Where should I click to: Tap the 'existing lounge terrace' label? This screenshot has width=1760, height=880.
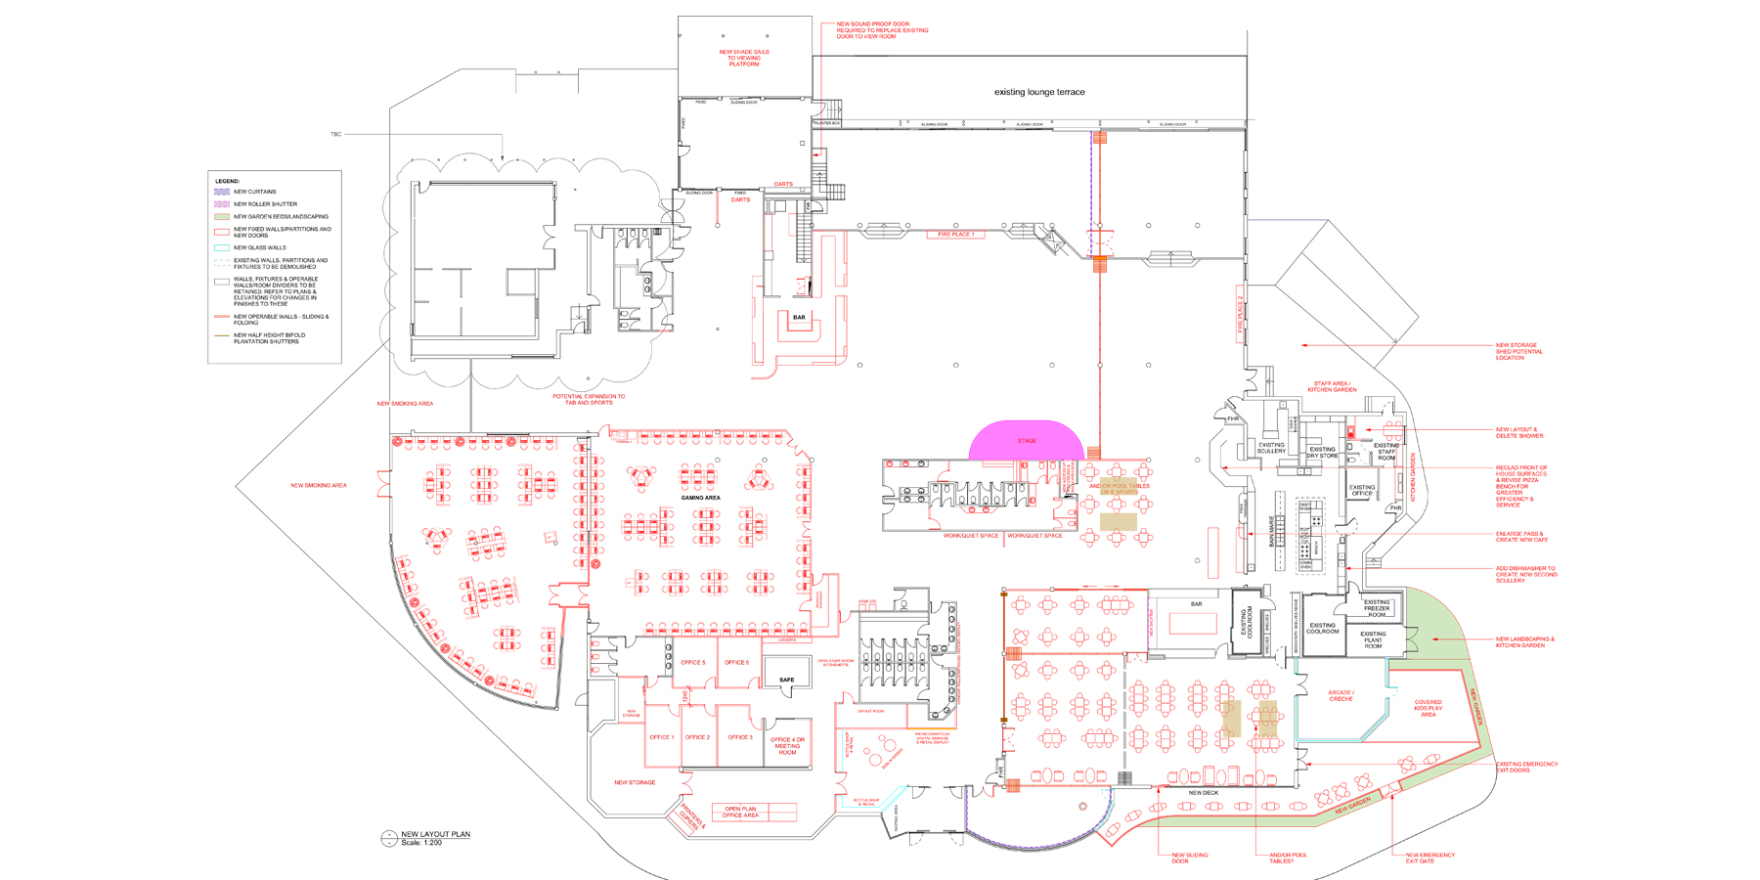point(1039,92)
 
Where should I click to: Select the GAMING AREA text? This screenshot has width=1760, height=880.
point(700,498)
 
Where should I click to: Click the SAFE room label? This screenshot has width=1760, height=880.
point(786,680)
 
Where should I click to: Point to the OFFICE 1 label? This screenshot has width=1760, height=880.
point(661,737)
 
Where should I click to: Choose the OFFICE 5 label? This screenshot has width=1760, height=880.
point(692,662)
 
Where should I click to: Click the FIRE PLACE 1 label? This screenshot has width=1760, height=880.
point(955,235)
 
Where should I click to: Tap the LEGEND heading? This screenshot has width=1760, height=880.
point(227,181)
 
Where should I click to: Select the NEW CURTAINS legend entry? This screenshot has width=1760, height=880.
point(254,192)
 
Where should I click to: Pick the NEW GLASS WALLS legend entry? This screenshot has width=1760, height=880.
point(259,247)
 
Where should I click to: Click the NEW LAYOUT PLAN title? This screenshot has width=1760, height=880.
point(435,834)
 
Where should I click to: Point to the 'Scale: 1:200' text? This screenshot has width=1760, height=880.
point(421,843)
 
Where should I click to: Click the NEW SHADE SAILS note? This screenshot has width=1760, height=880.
point(744,58)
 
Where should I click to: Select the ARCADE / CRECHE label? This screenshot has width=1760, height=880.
point(1341,695)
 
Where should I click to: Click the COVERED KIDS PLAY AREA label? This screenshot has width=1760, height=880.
point(1428,708)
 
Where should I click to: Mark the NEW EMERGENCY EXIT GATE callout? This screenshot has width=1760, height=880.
point(1430,858)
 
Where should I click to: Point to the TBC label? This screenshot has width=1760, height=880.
point(335,134)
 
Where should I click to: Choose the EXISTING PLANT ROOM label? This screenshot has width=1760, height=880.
point(1373,639)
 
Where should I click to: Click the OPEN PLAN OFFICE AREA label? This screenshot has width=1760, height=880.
point(740,812)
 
